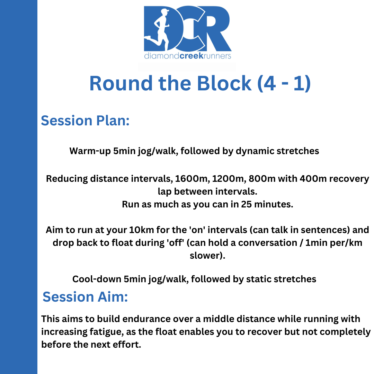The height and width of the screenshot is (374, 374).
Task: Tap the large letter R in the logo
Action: tap(215, 29)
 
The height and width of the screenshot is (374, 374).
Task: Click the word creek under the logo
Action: tap(191, 56)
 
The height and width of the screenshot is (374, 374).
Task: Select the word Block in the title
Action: tap(224, 83)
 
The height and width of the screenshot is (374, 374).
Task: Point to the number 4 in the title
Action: tap(269, 83)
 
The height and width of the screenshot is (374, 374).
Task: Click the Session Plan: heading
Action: tap(85, 121)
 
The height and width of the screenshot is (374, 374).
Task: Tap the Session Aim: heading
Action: tap(85, 297)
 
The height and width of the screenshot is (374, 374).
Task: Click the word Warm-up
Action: tap(90, 151)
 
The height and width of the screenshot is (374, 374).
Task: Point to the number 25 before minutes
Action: tap(247, 204)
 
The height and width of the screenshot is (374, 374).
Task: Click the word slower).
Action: tap(207, 256)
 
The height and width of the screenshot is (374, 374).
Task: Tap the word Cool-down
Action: tap(97, 279)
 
